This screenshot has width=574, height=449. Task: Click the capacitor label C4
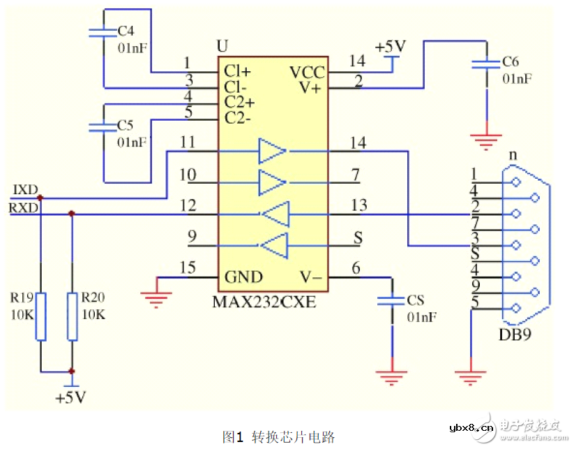126,31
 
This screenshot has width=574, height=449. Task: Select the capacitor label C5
126,126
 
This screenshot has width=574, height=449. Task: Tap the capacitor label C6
511,62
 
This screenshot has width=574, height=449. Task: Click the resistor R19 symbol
40,316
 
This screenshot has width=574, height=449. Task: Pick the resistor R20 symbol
72,316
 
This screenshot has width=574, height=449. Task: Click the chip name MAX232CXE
264,302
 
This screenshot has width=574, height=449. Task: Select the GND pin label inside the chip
243,277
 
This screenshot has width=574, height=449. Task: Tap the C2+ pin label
239,102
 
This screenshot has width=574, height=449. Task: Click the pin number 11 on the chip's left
187,142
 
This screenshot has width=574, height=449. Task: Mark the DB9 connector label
515,334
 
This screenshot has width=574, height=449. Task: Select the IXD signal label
25,190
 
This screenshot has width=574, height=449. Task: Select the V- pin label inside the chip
310,277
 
